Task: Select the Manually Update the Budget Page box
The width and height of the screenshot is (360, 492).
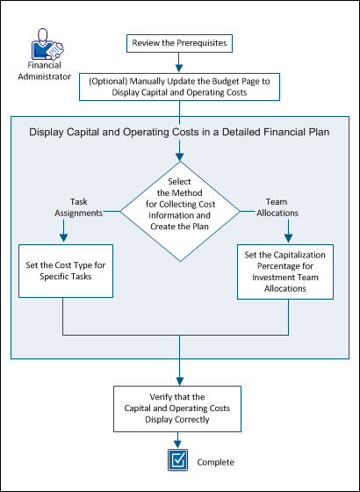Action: [x=180, y=85]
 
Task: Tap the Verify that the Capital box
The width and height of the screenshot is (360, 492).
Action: [x=179, y=407]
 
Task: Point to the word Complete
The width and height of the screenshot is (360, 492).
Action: [x=216, y=461]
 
